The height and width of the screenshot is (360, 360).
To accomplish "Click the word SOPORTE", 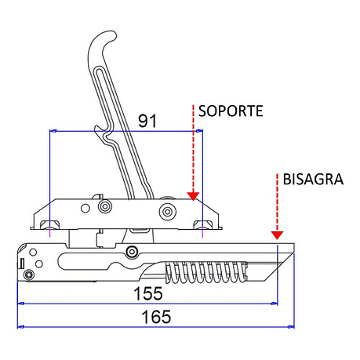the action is tap(231, 111).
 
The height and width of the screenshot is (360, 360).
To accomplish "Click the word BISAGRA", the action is tap(313, 180).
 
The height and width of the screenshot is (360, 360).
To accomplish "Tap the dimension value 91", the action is tap(147, 121).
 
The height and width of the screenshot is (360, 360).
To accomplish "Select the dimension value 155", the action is tap(148, 293).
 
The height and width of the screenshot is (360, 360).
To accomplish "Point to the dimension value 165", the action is tap(156, 317).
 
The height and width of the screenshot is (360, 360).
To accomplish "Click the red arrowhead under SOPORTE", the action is tap(193, 196).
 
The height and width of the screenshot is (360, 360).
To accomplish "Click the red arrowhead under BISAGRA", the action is tap(277, 235).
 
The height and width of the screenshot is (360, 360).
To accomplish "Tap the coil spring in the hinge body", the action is tap(205, 272).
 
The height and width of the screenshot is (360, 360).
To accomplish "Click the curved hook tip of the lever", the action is tap(109, 36).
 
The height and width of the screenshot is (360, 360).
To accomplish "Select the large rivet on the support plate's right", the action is tap(168, 212).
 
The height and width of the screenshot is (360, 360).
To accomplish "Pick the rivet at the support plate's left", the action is tap(105, 206).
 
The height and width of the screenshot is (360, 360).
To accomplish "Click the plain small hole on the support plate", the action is tap(85, 209).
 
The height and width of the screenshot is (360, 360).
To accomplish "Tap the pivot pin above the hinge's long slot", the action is tap(132, 252).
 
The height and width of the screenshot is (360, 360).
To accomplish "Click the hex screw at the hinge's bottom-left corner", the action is tap(28, 275).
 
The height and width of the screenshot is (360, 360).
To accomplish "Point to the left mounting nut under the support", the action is tap(49, 224).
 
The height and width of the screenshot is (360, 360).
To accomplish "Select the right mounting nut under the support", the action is tap(203, 224).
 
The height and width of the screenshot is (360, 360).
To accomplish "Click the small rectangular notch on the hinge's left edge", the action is tap(22, 264).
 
